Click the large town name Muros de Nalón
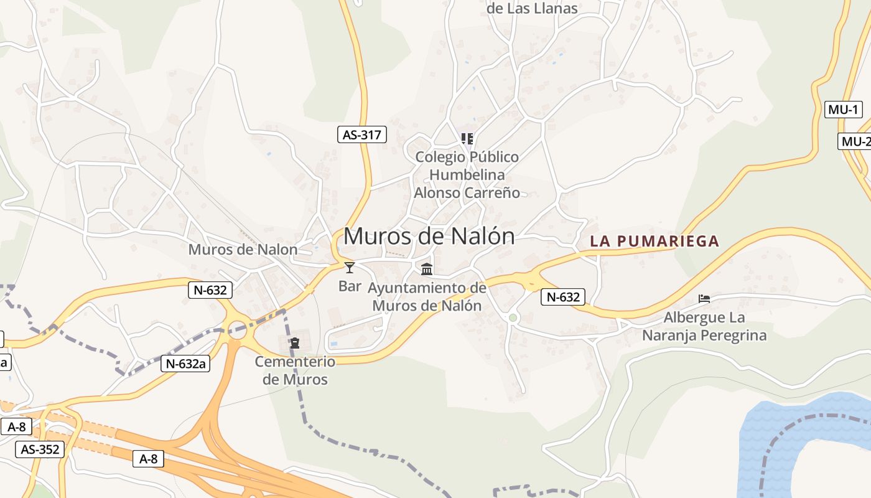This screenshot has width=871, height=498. (429, 237)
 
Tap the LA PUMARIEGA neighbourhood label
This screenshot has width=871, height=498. (654, 241)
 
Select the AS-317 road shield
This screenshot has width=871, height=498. (361, 134)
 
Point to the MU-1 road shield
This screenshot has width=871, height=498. (844, 110)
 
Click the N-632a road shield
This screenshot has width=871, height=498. (185, 364)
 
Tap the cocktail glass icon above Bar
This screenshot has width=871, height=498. (350, 268)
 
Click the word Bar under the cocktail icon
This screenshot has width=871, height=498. (350, 286)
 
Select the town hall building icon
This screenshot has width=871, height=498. (427, 270)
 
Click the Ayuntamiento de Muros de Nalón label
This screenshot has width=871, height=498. (427, 297)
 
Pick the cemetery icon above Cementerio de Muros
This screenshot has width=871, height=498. (295, 343)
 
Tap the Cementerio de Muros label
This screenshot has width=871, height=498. (295, 370)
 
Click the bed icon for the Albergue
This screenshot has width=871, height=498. (704, 299)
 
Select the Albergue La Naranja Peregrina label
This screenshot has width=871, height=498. (704, 327)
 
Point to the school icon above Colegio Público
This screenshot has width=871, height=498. (467, 138)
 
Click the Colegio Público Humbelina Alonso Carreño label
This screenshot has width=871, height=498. (467, 174)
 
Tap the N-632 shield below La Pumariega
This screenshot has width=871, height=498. (563, 298)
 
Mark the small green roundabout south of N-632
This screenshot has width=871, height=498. (513, 318)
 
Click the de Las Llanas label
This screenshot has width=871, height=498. (532, 9)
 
